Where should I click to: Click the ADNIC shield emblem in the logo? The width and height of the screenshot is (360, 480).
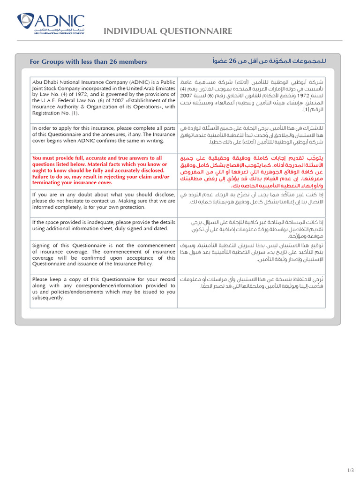click(x=26, y=21)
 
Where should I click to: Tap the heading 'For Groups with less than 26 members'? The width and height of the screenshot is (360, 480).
click(x=88, y=61)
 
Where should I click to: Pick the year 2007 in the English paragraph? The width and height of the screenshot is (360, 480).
click(x=114, y=100)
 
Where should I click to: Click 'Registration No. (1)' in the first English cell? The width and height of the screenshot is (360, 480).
click(x=56, y=112)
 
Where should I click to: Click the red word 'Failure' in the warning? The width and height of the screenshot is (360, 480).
click(x=43, y=177)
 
